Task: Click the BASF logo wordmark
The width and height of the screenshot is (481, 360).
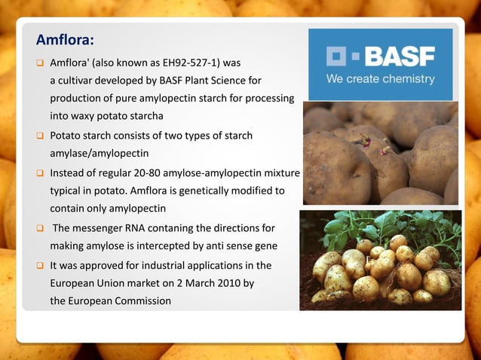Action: [x=399, y=56]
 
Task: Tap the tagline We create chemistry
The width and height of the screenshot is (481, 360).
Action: [x=380, y=78]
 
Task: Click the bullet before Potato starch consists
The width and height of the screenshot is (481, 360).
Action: [x=40, y=136]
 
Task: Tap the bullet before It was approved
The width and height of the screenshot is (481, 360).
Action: [x=40, y=265]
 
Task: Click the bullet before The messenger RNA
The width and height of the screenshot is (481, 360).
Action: [x=40, y=227]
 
